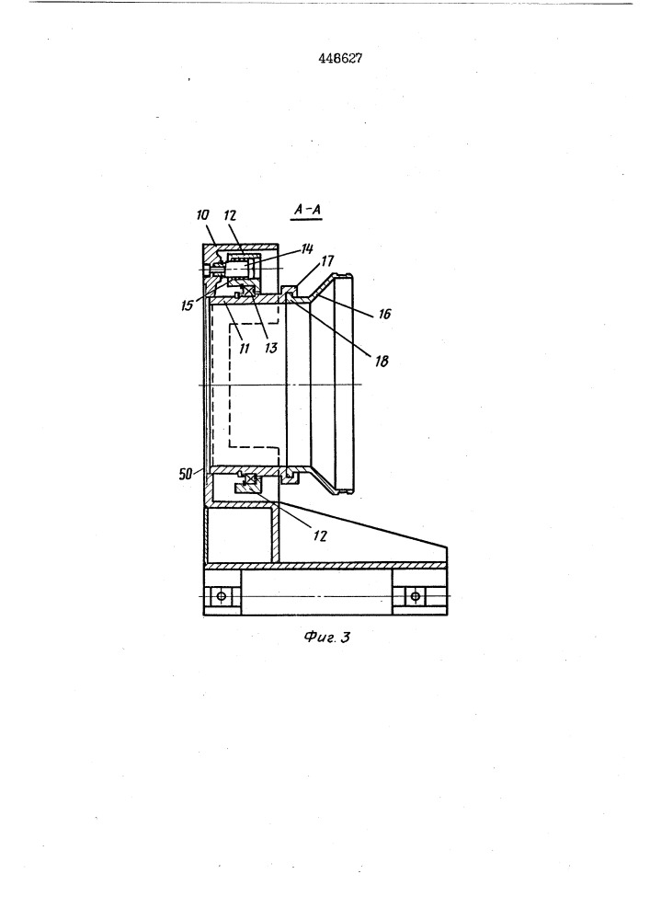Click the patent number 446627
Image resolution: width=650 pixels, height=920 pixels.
(x=340, y=59)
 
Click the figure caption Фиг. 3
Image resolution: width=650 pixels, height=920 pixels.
(x=327, y=637)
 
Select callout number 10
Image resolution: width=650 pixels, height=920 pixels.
(x=202, y=215)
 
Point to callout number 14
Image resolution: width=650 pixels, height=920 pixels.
(x=306, y=249)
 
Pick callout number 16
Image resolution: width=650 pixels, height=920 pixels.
(x=384, y=314)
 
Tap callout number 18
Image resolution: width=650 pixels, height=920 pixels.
(x=381, y=361)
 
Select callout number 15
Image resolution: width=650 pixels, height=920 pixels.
(x=187, y=305)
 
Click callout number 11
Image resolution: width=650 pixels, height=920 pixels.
(x=245, y=349)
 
